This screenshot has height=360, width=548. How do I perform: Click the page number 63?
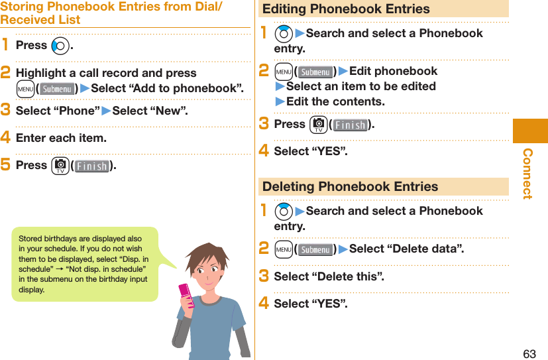coord(529,353)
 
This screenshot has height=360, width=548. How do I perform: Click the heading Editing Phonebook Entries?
coord(346,9)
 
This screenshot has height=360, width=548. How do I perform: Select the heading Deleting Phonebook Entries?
coord(350,187)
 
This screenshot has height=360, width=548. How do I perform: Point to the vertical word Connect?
coord(528,174)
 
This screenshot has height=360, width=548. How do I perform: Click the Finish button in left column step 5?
coord(91,166)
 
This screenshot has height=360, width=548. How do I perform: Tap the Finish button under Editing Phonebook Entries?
coord(350,125)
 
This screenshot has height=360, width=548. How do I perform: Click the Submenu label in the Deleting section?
coord(315,250)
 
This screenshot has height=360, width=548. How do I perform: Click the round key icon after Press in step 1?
coord(60,46)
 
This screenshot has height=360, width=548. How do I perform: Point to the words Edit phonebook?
coord(393,71)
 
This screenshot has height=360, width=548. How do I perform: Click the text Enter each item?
coord(61,138)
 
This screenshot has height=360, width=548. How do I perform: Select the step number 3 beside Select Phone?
coord(5,111)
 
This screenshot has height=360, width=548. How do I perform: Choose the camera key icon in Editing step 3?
coord(317,124)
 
